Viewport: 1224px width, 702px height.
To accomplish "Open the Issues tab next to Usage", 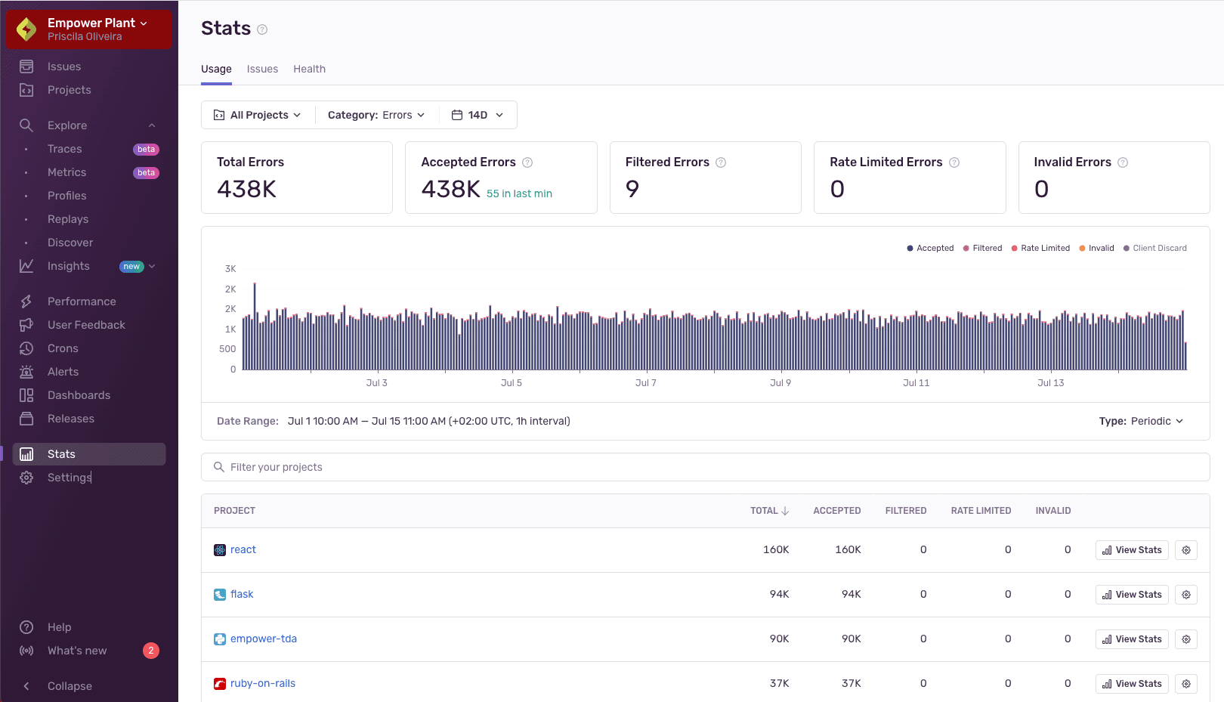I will coord(262,69).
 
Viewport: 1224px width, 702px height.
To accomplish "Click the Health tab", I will coord(309,69).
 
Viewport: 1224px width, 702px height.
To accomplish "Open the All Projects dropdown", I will coord(258,115).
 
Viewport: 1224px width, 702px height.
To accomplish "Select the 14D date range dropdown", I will coord(478,115).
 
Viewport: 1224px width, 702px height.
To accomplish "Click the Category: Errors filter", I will coord(376,115).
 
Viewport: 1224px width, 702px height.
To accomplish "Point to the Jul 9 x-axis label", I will coord(780,383).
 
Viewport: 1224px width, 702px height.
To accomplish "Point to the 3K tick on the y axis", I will coord(230,269).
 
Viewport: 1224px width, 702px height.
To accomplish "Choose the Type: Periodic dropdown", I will coord(1141,421).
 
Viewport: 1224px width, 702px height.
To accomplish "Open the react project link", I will coord(243,549).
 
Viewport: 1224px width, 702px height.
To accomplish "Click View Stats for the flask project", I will coord(1131,595).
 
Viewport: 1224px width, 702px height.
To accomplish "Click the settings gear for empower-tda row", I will coord(1186,639).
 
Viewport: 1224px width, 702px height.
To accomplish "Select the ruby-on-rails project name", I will coord(262,683).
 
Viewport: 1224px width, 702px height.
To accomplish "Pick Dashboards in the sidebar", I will coord(79,395).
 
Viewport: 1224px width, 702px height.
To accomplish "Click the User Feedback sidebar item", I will coord(86,325).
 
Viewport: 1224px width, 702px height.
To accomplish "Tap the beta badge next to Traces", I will coord(146,150).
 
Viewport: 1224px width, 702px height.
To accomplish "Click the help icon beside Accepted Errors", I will coord(527,162).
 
